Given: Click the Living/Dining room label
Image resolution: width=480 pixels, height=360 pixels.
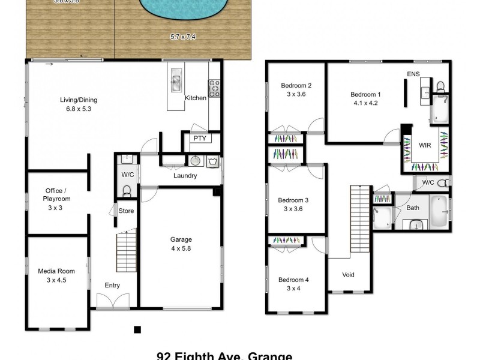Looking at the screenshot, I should pyautogui.click(x=78, y=104).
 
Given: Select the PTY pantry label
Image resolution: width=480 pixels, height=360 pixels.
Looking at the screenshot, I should pyautogui.click(x=199, y=139).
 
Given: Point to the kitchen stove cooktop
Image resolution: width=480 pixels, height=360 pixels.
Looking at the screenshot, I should pyautogui.click(x=214, y=89).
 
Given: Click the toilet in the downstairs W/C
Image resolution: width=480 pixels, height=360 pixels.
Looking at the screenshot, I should pyautogui.click(x=127, y=191).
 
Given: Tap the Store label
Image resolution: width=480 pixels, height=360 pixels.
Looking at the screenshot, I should pyautogui.click(x=126, y=211).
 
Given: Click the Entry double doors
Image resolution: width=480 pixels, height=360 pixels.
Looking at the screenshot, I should pyautogui.click(x=113, y=303).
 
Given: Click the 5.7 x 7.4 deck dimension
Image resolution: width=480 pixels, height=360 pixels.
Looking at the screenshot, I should pyautogui.click(x=184, y=37).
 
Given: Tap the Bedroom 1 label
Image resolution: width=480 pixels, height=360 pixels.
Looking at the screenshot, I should pyautogui.click(x=365, y=98).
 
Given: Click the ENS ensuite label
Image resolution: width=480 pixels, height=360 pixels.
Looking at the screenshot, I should pyautogui.click(x=413, y=74).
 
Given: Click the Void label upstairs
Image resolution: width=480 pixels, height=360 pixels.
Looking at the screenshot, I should pyautogui.click(x=348, y=275).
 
